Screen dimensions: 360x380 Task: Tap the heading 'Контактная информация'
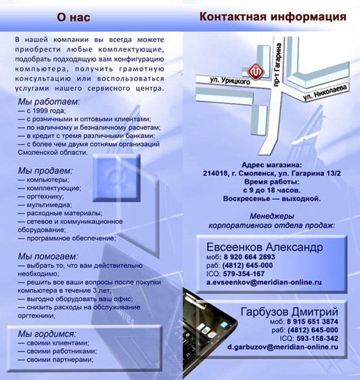point(272,16)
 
